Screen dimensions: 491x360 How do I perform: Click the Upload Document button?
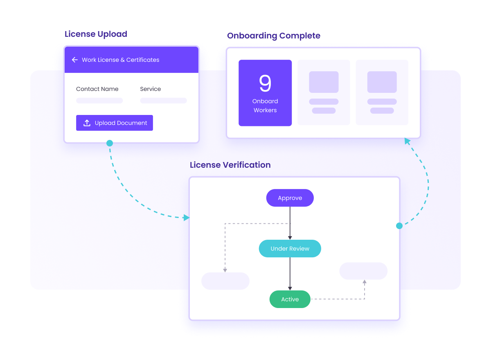[115, 123]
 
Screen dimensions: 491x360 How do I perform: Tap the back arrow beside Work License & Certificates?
[75, 60]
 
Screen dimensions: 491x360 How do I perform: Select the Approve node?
[290, 198]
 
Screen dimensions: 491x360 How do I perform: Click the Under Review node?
[290, 248]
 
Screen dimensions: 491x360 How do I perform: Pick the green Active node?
[290, 299]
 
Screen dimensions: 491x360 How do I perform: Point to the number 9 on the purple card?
[265, 83]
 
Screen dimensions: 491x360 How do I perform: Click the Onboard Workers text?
[265, 106]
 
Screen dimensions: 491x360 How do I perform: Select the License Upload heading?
[96, 34]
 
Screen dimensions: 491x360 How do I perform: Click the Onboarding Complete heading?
[274, 36]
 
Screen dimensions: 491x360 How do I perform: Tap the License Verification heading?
[230, 165]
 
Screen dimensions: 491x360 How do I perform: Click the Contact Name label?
[97, 89]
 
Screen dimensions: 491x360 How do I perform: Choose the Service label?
[151, 89]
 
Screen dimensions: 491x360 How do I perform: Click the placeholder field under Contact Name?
[99, 101]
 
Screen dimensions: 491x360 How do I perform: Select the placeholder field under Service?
[163, 101]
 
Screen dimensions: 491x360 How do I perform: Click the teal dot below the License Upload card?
[110, 143]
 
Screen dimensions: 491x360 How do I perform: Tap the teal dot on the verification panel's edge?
[399, 226]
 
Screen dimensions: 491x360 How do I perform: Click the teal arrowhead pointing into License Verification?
[186, 218]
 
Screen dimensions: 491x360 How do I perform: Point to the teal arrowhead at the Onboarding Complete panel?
[407, 141]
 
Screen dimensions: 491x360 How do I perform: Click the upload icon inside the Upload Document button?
[87, 123]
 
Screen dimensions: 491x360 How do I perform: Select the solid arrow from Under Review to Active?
[290, 274]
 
